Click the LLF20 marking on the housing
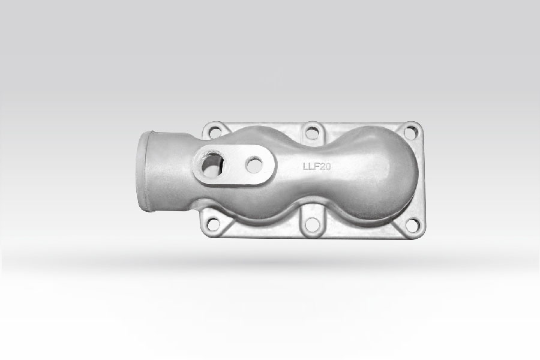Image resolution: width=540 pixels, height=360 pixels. [317, 166]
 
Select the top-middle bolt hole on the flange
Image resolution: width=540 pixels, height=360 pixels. [311, 133]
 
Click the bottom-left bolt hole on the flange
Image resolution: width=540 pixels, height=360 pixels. [214, 224]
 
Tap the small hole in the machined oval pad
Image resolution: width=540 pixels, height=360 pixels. [254, 164]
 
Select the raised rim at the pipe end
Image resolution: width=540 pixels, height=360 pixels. [142, 170]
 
